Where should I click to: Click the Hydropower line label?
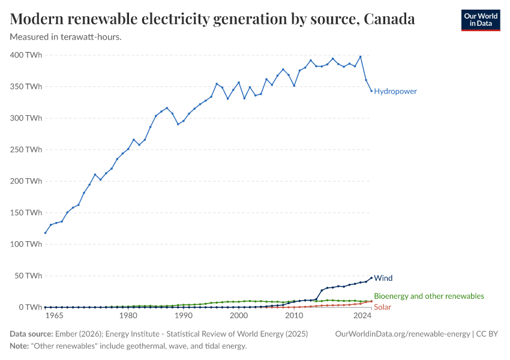pyautogui.click(x=395, y=91)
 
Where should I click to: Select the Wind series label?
pyautogui.click(x=383, y=278)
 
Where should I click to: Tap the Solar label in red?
pyautogui.click(x=383, y=307)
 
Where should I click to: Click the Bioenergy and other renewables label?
pyautogui.click(x=428, y=296)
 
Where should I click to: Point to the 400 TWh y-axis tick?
pyautogui.click(x=26, y=55)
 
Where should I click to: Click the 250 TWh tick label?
pyautogui.click(x=26, y=149)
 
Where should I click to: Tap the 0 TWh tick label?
pyautogui.click(x=30, y=307)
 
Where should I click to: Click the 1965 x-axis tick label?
pyautogui.click(x=53, y=316)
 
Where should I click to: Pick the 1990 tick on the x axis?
pyautogui.click(x=184, y=316)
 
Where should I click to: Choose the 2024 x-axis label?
pyautogui.click(x=362, y=316)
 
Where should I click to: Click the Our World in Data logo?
pyautogui.click(x=480, y=19)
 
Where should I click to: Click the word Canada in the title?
pyautogui.click(x=389, y=19)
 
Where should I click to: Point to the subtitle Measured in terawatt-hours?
pyautogui.click(x=66, y=37)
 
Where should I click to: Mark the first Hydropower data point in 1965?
pyautogui.click(x=45, y=233)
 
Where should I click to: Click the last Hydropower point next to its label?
pyautogui.click(x=371, y=91)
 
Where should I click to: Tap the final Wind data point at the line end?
pyautogui.click(x=371, y=277)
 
